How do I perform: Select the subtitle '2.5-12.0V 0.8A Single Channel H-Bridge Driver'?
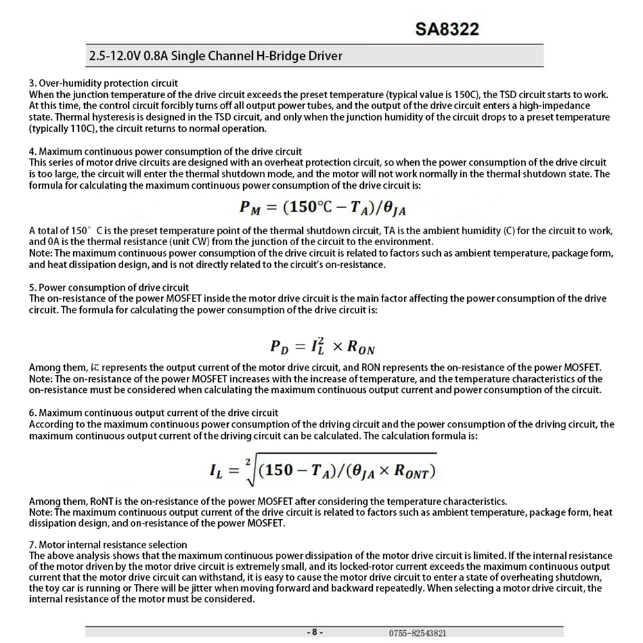(215, 56)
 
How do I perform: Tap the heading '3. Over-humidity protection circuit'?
(103, 83)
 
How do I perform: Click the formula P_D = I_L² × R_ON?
(322, 347)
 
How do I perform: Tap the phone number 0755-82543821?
(417, 633)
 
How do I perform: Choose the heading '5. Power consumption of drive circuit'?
(109, 287)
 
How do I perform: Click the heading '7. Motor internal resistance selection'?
(108, 545)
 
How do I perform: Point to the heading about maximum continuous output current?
(154, 413)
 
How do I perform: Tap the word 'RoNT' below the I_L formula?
(101, 501)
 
